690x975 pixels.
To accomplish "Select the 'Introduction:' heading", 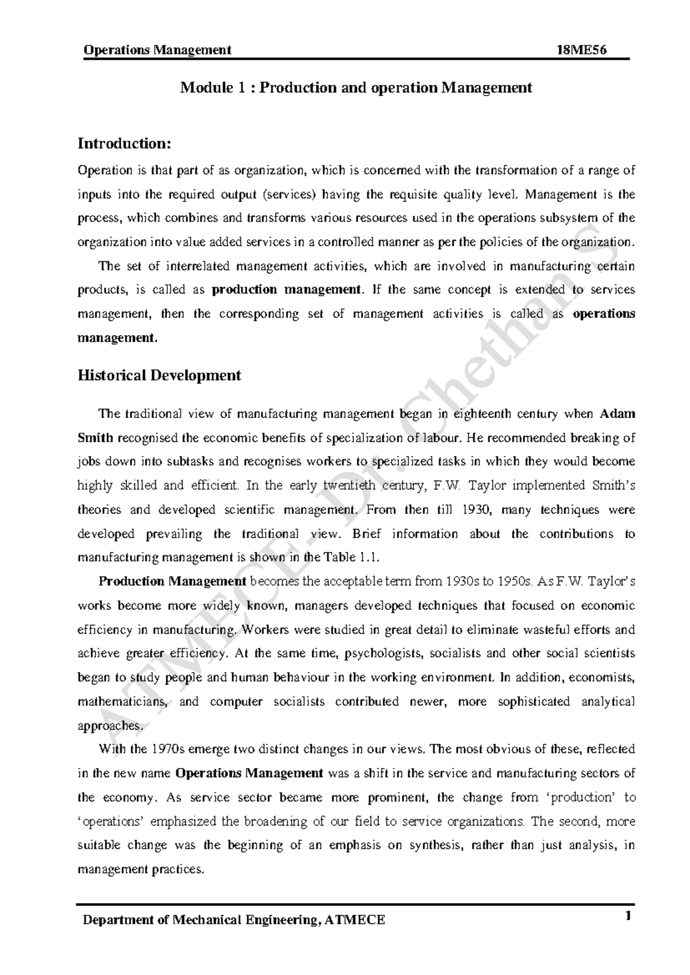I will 124,143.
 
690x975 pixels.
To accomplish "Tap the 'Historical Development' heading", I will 159,376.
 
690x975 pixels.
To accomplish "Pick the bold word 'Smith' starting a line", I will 95,438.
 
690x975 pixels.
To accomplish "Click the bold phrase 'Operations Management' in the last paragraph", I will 249,774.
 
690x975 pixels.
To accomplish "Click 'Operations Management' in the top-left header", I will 157,50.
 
